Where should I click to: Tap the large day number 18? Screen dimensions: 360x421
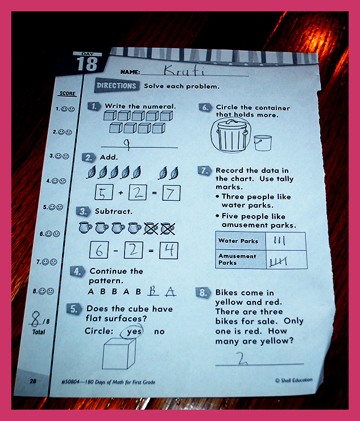(87, 64)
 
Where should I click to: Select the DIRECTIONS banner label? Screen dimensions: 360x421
(117, 86)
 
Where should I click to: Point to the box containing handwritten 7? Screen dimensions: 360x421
(171, 193)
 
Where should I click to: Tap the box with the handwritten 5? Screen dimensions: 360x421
(104, 192)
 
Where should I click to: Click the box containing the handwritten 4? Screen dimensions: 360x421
(168, 250)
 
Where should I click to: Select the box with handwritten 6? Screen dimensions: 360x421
(99, 250)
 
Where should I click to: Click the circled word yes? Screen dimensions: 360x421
(132, 331)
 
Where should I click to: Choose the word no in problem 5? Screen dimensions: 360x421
(159, 332)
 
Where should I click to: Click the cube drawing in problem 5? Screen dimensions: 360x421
(119, 353)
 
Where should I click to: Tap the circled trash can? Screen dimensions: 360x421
(231, 135)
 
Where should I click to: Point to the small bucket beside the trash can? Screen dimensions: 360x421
(263, 143)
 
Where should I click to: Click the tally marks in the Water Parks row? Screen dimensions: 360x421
(279, 240)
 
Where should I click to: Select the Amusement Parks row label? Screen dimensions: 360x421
(237, 259)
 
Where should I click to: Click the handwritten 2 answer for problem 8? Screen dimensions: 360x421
(242, 358)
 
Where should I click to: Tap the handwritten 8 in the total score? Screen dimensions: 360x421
(36, 319)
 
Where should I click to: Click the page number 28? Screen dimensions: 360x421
(33, 381)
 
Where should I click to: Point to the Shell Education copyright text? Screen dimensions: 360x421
(293, 380)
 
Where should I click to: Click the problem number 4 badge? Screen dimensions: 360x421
(77, 271)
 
